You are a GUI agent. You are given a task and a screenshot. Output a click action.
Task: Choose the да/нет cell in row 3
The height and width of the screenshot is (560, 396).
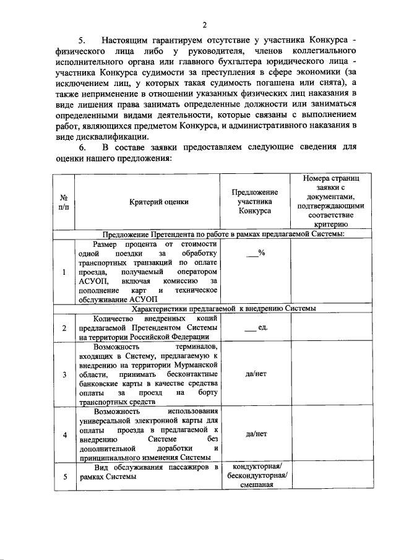coord(254,374)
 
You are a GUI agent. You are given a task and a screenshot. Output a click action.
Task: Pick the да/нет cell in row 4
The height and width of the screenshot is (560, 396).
coord(254,434)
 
